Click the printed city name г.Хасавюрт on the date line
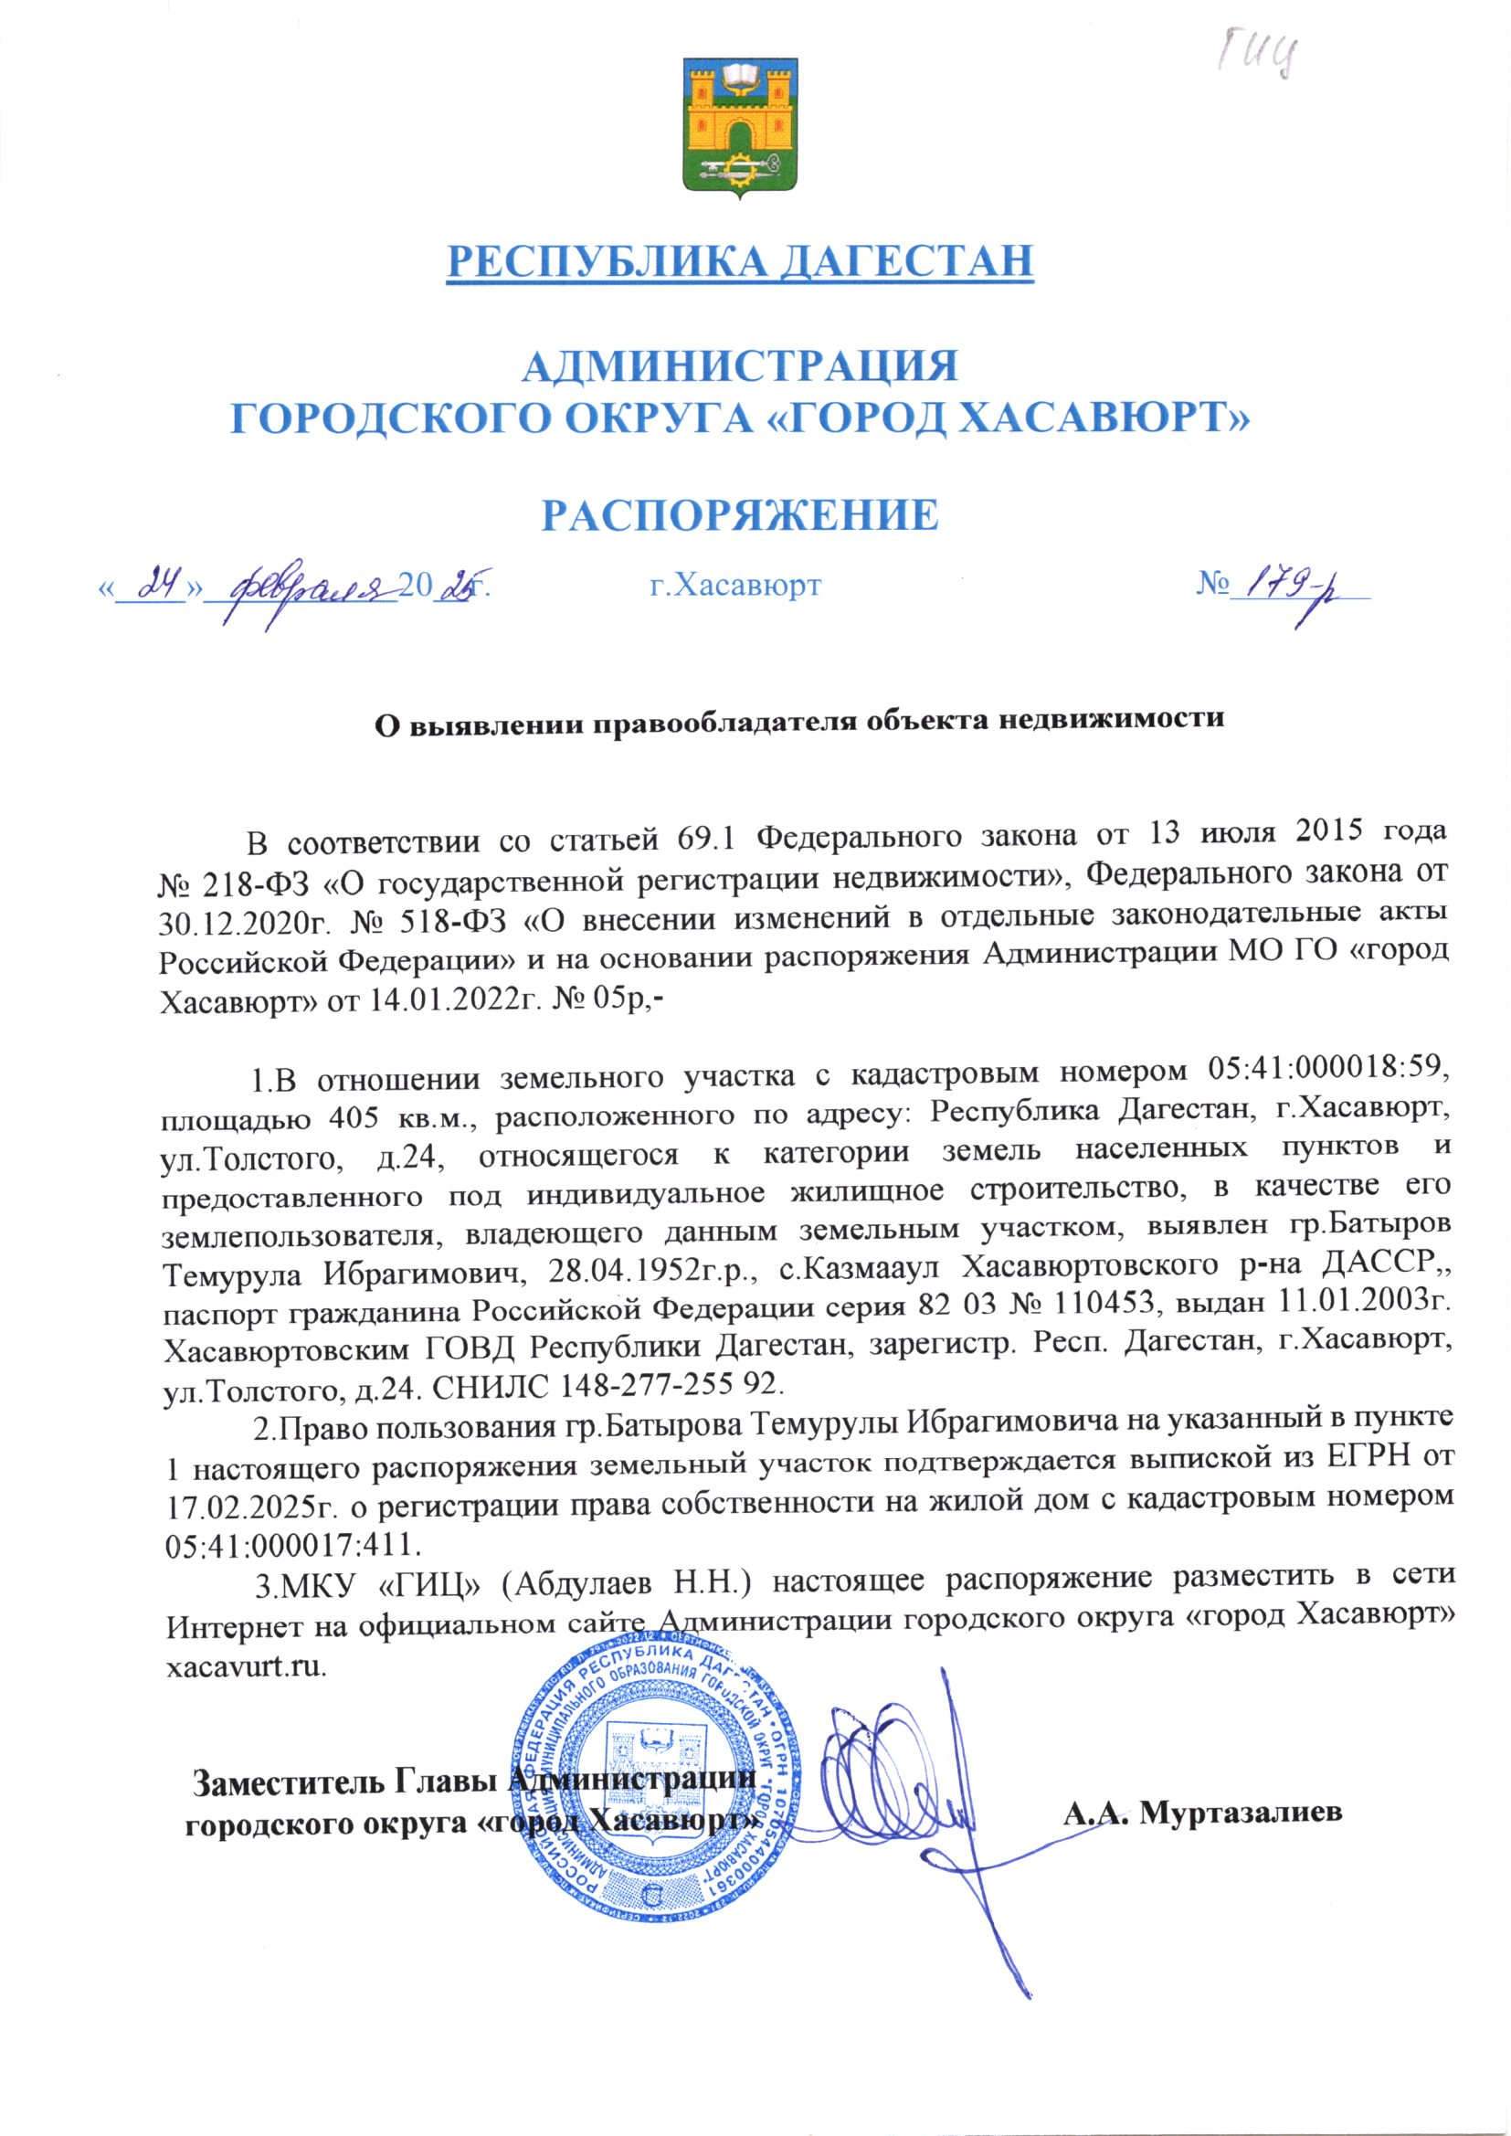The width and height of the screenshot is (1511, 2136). pos(734,586)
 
